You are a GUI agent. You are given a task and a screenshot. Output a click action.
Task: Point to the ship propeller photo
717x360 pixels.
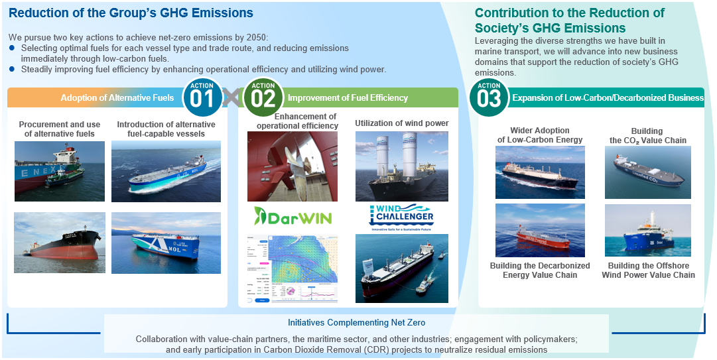click(292, 166)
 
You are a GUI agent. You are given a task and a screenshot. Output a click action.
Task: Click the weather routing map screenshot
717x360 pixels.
click(293, 269)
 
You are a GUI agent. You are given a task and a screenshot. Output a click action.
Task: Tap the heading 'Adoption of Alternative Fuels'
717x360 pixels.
click(117, 98)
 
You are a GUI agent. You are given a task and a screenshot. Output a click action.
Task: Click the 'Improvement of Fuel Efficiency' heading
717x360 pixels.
click(348, 98)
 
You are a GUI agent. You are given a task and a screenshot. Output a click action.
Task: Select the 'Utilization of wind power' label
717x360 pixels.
click(401, 123)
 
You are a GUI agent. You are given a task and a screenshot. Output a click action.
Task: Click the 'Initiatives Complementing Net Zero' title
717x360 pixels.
click(356, 323)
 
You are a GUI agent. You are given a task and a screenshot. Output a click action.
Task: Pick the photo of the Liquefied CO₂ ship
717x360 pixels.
click(647, 172)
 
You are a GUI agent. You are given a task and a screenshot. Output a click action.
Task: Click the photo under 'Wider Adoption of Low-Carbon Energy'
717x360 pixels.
click(540, 172)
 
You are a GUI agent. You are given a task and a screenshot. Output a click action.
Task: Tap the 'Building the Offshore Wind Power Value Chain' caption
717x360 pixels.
click(648, 270)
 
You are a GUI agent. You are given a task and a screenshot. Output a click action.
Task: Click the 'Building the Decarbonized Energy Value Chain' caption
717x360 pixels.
click(539, 270)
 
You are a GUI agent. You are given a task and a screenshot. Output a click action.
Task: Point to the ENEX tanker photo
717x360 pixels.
click(59, 171)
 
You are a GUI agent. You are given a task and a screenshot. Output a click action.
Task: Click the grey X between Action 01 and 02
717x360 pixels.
click(232, 98)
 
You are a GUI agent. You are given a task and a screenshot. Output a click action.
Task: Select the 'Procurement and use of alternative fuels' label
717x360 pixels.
click(59, 129)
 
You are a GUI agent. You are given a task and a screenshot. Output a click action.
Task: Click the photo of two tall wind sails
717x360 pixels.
click(401, 166)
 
